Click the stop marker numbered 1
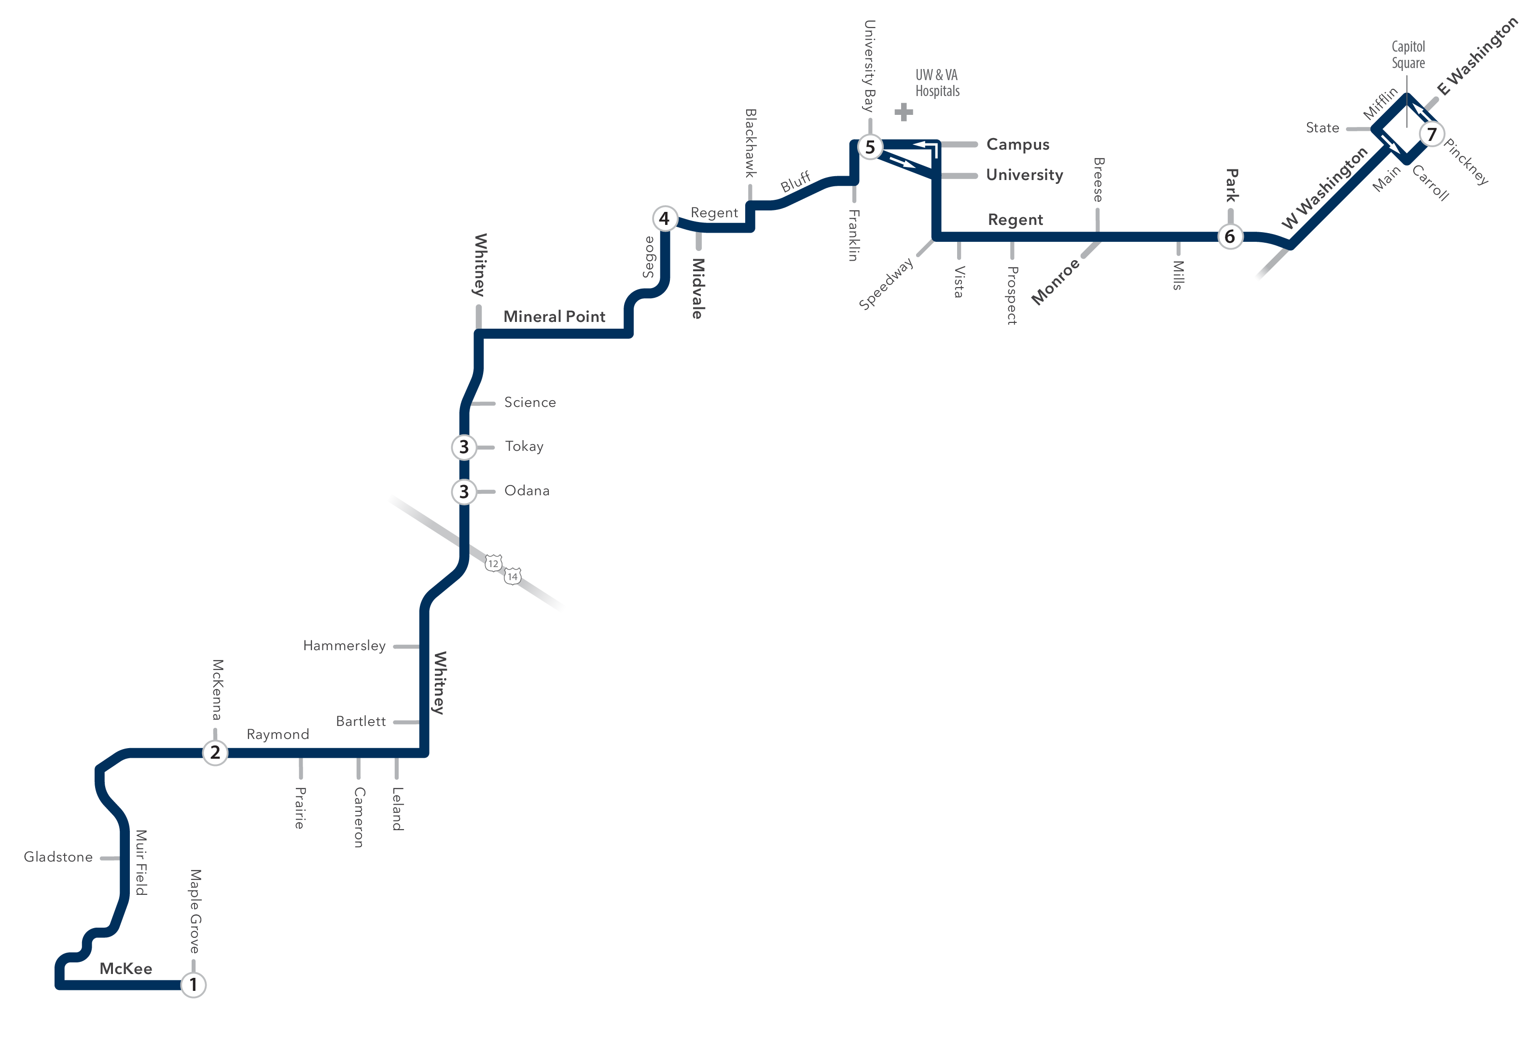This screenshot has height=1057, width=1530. pyautogui.click(x=194, y=984)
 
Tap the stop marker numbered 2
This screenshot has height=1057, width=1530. pyautogui.click(x=215, y=752)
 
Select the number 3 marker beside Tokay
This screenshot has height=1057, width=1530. pyautogui.click(x=464, y=447)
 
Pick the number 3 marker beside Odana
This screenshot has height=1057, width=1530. pyautogui.click(x=464, y=491)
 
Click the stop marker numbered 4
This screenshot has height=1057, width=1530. pyautogui.click(x=664, y=218)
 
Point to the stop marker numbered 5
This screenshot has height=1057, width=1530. pyautogui.click(x=870, y=146)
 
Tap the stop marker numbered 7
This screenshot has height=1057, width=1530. pyautogui.click(x=1432, y=134)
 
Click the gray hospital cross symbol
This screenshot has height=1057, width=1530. pyautogui.click(x=904, y=112)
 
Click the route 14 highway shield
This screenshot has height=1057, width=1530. pyautogui.click(x=512, y=576)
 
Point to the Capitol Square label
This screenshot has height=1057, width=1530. pyautogui.click(x=1408, y=55)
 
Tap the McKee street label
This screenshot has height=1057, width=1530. pyautogui.click(x=126, y=968)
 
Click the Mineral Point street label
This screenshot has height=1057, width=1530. pyautogui.click(x=555, y=317)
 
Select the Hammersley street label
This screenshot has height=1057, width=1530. pyautogui.click(x=345, y=646)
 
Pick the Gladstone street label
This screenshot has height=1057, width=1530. pyautogui.click(x=58, y=857)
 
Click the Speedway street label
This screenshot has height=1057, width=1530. pyautogui.click(x=886, y=283)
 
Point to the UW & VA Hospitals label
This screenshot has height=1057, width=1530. pyautogui.click(x=937, y=83)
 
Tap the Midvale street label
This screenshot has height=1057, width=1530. pyautogui.click(x=697, y=288)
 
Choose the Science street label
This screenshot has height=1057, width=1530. pyautogui.click(x=530, y=402)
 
